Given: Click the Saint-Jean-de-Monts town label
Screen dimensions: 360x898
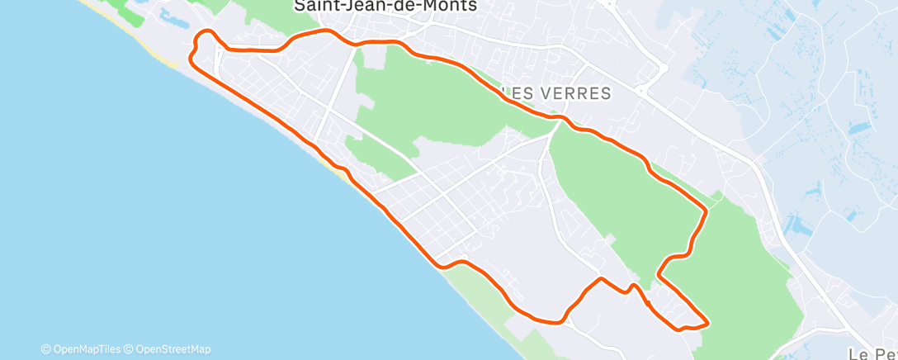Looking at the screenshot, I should coord(385,7).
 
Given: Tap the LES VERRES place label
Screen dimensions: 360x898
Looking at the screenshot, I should coord(555,93).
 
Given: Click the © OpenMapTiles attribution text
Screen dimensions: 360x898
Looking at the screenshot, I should coord(80,349).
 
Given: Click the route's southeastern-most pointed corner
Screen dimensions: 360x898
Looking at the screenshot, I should coord(707,322).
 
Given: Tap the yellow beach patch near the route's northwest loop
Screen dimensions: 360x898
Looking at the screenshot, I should coord(169,62).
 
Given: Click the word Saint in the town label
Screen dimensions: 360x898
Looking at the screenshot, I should coord(314,7).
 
